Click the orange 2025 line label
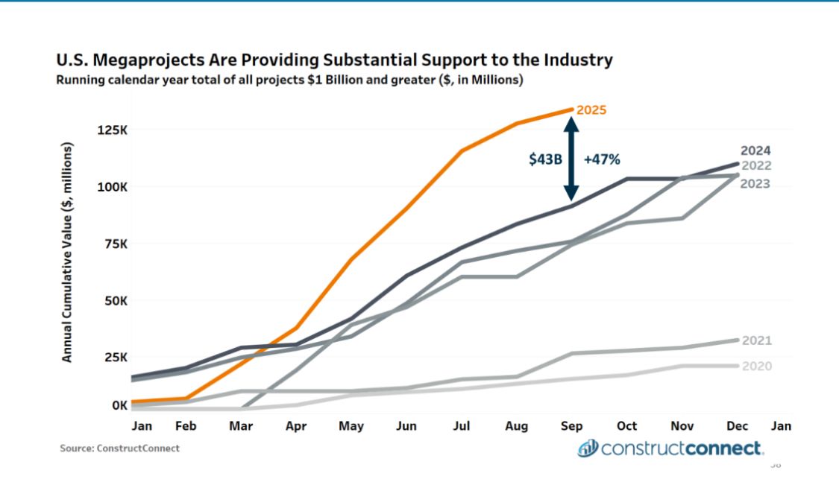pos(591,110)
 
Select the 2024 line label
pos(755,150)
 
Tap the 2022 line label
pos(755,166)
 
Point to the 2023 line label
pos(755,183)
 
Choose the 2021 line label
pos(756,340)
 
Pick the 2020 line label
pos(756,366)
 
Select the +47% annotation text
pos(603,159)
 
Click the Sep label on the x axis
pos(571,426)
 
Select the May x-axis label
pos(351,426)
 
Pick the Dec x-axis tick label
pos(738,426)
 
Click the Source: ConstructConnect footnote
pos(120,448)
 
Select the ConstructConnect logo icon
pos(588,448)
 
